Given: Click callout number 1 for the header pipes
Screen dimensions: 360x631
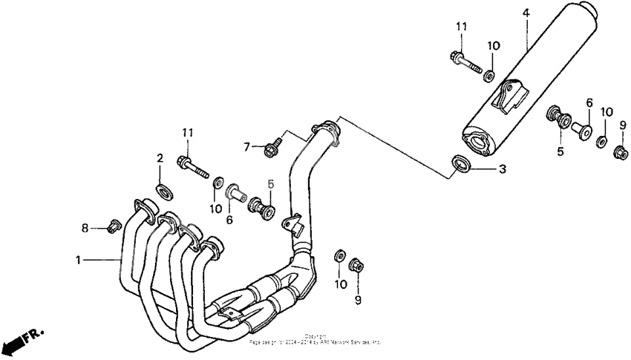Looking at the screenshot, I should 77,260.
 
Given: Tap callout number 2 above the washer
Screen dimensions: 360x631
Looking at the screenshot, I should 159,157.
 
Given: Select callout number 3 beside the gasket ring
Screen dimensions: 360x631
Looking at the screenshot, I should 502,170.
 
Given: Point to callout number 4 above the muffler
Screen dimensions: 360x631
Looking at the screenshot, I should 526,13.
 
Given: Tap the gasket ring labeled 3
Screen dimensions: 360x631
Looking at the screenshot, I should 460,163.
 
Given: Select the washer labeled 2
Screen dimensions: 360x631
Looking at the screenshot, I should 163,188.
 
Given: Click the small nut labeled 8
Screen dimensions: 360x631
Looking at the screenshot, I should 114,225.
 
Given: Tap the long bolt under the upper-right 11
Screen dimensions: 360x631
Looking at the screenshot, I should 462,61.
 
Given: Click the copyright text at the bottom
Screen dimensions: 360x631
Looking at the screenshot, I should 315,340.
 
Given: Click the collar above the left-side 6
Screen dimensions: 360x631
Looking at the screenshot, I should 235,192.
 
